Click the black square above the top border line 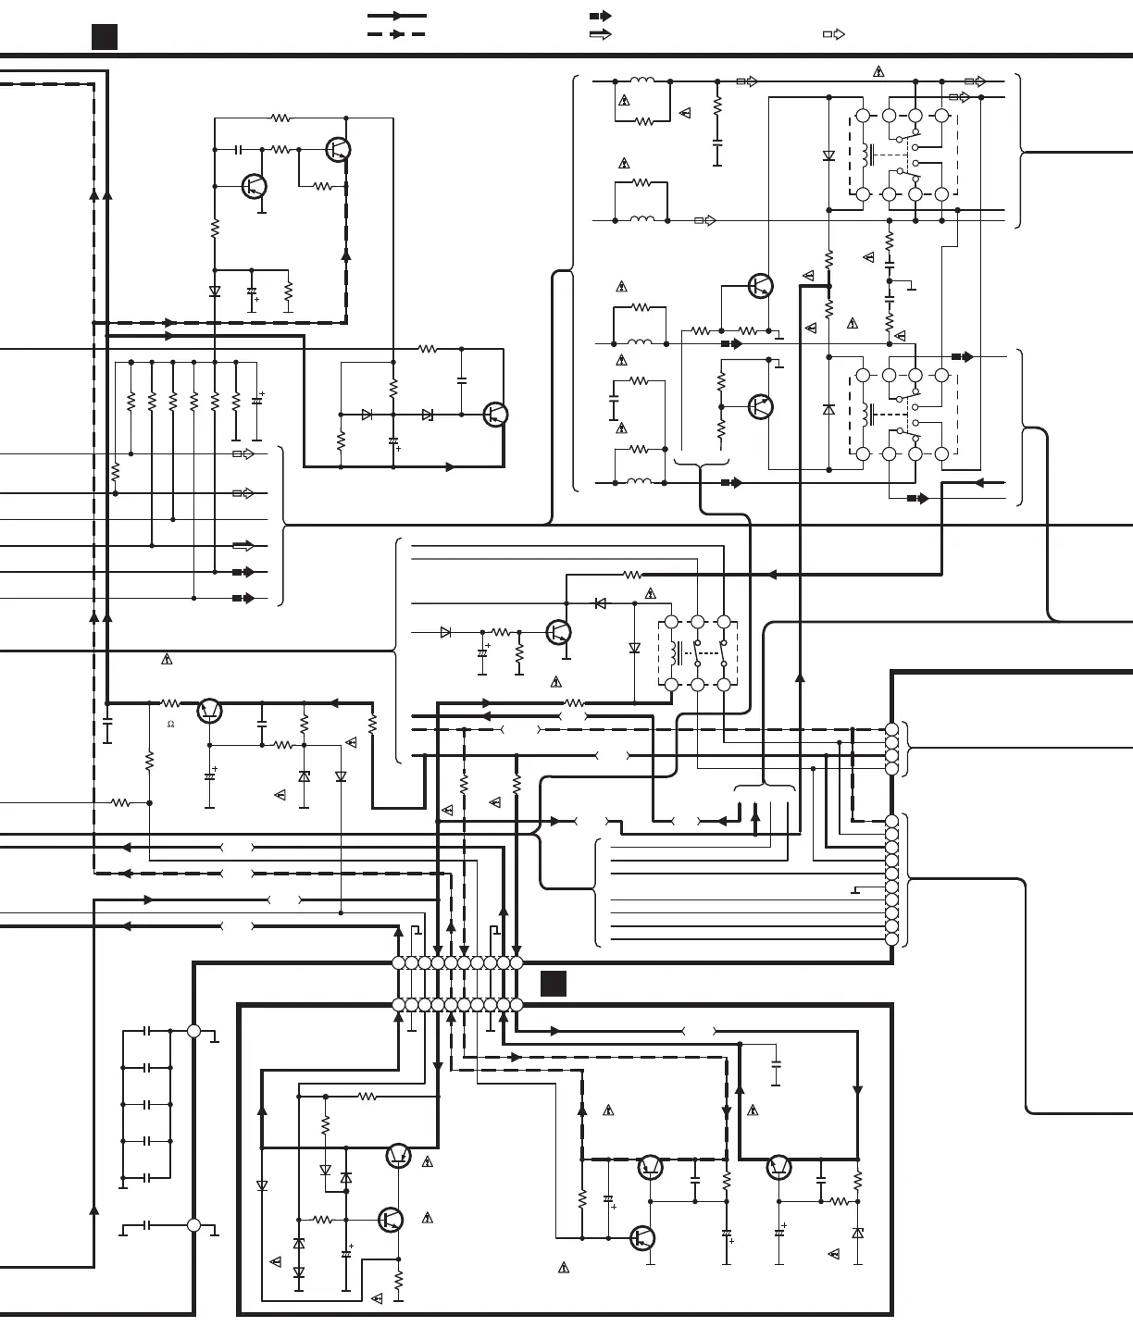[x=105, y=37]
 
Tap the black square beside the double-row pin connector [x=554, y=983]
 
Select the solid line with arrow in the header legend [x=397, y=16]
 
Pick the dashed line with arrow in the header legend [x=397, y=34]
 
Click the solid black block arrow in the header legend [x=601, y=16]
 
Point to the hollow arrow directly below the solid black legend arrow [x=601, y=34]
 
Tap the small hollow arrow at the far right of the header [x=834, y=34]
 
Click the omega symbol [x=170, y=725]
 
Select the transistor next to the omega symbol [x=210, y=711]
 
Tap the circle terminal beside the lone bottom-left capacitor [x=193, y=1225]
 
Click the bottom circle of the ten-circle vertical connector [x=891, y=939]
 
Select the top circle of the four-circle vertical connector [x=891, y=730]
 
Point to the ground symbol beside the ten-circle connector [x=855, y=890]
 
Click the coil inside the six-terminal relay [x=677, y=653]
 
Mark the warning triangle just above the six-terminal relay [x=651, y=594]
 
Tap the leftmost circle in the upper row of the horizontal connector [x=399, y=962]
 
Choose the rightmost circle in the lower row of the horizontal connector [x=517, y=1005]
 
